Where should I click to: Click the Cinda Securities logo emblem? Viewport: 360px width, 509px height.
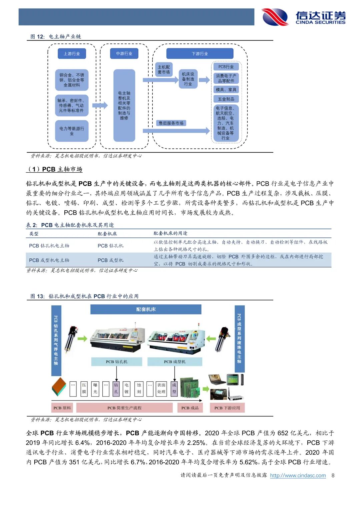click(x=275, y=17)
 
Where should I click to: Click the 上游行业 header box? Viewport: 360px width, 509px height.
click(x=72, y=54)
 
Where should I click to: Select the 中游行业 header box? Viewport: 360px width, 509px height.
click(x=124, y=54)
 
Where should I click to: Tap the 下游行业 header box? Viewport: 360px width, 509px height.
click(x=200, y=54)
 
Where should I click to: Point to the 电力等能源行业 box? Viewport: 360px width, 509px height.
click(x=72, y=131)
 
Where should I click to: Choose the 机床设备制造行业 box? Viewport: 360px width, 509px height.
click(x=188, y=79)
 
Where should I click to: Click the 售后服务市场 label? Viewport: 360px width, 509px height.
click(x=171, y=123)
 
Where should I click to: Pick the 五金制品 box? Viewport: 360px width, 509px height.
click(x=226, y=99)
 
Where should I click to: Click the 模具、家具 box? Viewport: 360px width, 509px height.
click(x=226, y=90)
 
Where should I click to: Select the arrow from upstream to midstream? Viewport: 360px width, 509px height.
click(x=100, y=105)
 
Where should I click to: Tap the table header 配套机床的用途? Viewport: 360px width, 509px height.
click(x=170, y=233)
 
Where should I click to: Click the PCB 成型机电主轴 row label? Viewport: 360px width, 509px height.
click(x=49, y=260)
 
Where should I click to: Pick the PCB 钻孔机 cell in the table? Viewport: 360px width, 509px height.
click(x=110, y=246)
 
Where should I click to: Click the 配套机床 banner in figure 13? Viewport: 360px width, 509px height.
click(x=146, y=309)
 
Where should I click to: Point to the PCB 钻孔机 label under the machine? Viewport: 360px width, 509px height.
click(x=117, y=362)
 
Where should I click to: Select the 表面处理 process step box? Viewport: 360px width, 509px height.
click(x=161, y=388)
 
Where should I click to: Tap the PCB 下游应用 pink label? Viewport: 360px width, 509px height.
click(x=227, y=408)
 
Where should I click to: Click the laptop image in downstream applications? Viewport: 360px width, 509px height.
click(x=217, y=380)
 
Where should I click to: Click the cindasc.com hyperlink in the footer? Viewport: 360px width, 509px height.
click(x=298, y=475)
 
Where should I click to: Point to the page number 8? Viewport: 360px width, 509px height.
click(x=333, y=475)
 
